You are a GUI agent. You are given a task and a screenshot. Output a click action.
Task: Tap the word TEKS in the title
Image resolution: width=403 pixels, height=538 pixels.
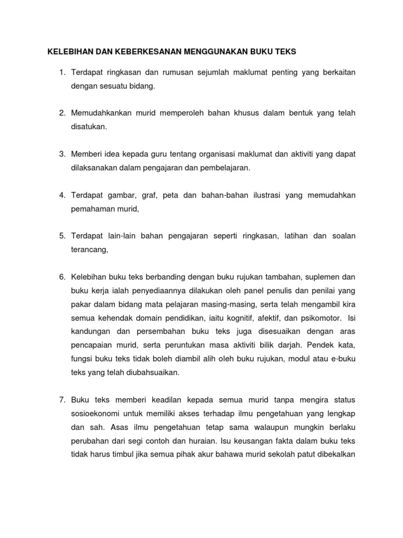click(x=284, y=51)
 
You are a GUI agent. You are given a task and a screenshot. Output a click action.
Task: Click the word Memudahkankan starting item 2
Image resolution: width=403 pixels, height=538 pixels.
click(x=100, y=113)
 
